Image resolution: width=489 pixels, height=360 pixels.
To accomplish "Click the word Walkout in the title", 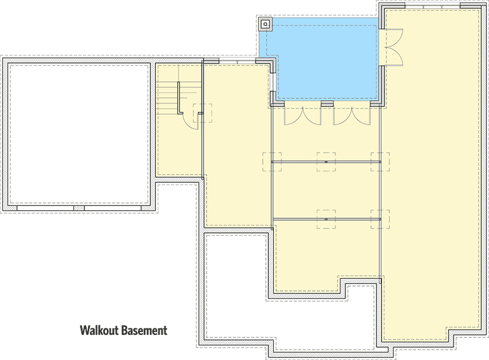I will pos(98,331).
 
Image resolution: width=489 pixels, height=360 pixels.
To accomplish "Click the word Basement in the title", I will pos(143,331).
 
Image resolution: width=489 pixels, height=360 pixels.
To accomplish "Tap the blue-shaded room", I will pos(324,61).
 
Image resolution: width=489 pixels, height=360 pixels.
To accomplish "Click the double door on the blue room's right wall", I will pos(390,47).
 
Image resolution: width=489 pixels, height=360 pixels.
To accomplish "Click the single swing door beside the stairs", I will pos(190,116).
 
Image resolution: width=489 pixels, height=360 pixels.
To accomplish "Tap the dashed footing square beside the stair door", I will pos(202,113).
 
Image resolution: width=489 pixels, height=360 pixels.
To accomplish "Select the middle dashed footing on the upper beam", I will pos(326,161).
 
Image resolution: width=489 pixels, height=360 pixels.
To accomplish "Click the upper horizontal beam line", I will pos(300,161).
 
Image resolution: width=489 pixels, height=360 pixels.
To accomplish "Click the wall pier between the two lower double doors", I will pos(327,105).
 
